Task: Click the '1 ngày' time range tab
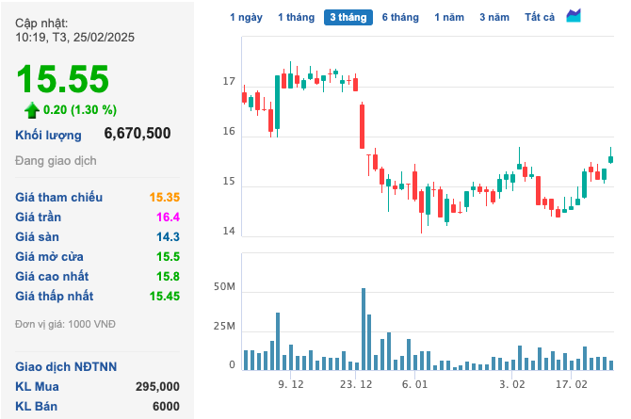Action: [x=247, y=17]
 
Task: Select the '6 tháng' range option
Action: [x=400, y=17]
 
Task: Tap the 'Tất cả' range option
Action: [x=541, y=17]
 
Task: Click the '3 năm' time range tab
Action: [x=493, y=17]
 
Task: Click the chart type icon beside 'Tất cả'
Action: [x=574, y=16]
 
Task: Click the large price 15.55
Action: [x=62, y=79]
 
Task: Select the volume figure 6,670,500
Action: [x=138, y=134]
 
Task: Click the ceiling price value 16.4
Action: [x=167, y=217]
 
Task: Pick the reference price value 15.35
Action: [x=164, y=197]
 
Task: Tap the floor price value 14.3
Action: [x=167, y=236]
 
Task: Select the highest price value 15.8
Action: [x=167, y=276]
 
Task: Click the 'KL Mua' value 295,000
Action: [x=157, y=386]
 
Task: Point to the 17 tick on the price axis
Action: [x=229, y=83]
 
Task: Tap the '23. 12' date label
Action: [x=357, y=384]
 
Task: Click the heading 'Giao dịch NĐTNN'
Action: [x=66, y=366]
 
